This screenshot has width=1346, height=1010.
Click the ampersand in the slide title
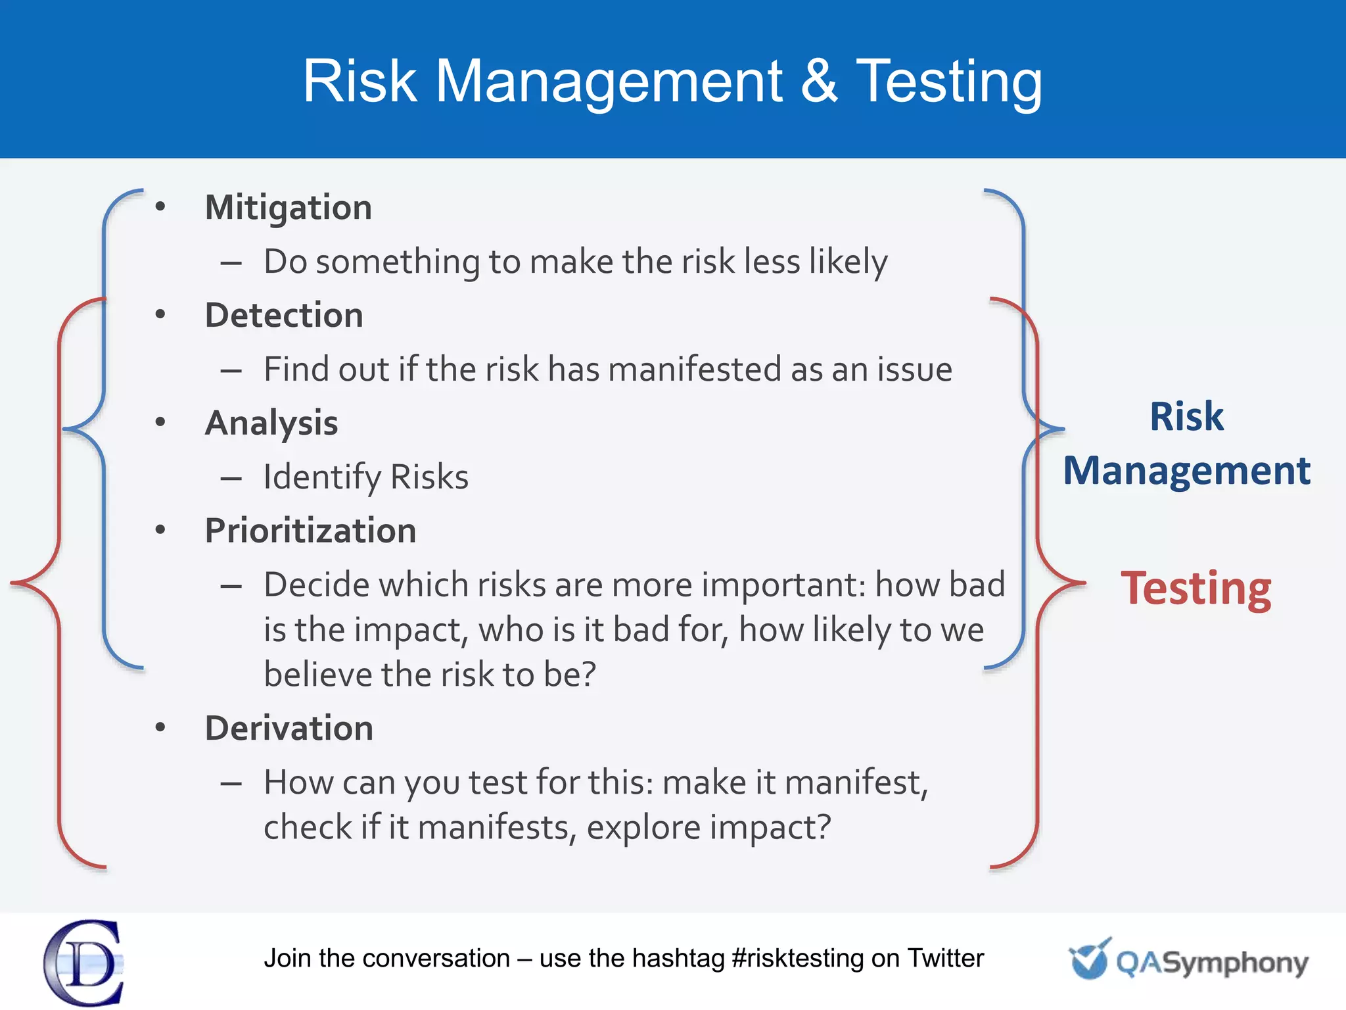click(820, 81)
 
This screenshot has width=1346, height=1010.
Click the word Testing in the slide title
click(949, 82)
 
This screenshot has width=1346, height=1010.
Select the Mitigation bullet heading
click(289, 208)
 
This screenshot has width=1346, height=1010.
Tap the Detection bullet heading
click(284, 316)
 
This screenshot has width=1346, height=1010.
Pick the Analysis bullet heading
click(271, 423)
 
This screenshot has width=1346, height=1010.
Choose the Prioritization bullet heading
click(310, 531)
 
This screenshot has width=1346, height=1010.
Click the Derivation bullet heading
click(289, 729)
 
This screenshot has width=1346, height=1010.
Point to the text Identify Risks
click(366, 477)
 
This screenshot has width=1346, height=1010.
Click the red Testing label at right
click(1196, 589)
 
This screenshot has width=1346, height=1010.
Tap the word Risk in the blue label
click(1187, 416)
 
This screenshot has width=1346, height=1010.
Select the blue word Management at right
click(1187, 471)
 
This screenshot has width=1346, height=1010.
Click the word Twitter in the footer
click(945, 959)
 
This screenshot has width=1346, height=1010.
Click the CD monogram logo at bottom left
click(84, 963)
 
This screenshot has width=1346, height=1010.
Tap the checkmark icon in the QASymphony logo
click(1090, 959)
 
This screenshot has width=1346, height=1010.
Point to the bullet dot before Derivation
click(160, 727)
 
